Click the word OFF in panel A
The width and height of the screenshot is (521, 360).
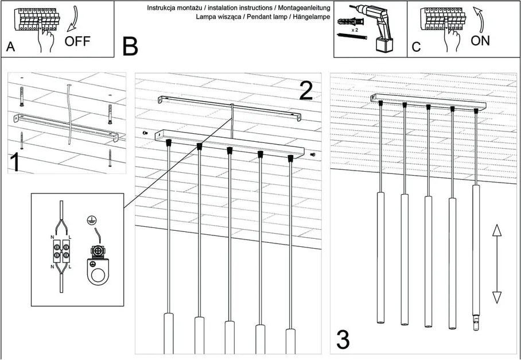point(77,41)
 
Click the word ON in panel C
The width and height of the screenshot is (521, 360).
point(480,41)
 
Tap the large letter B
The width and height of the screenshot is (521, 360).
point(131,47)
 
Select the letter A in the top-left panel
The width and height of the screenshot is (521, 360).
point(10,47)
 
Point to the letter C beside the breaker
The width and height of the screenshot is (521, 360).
point(417,47)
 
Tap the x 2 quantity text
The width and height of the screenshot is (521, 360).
point(355,28)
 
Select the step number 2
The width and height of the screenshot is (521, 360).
point(307,91)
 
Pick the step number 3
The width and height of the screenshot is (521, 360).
point(343,340)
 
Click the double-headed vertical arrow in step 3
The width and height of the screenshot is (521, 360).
point(497,264)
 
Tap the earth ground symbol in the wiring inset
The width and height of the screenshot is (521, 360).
point(90,219)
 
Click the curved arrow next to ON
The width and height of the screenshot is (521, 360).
point(480,18)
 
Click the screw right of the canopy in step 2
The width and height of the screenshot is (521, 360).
point(312,154)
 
